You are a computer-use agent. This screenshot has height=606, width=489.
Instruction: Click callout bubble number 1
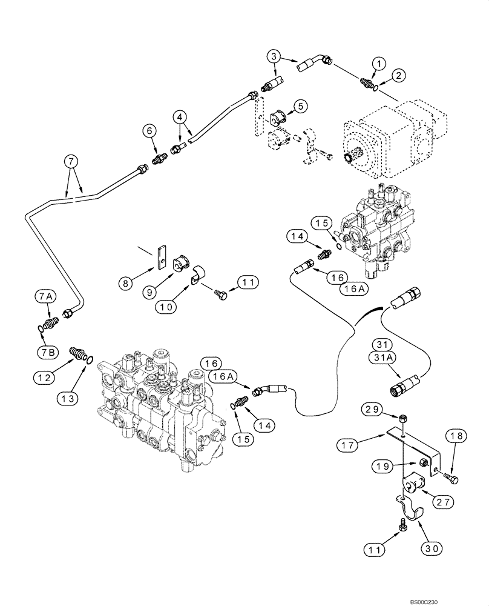(378, 63)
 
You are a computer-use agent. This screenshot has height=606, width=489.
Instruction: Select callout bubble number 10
(167, 307)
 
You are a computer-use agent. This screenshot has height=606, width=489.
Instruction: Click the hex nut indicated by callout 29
(403, 418)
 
